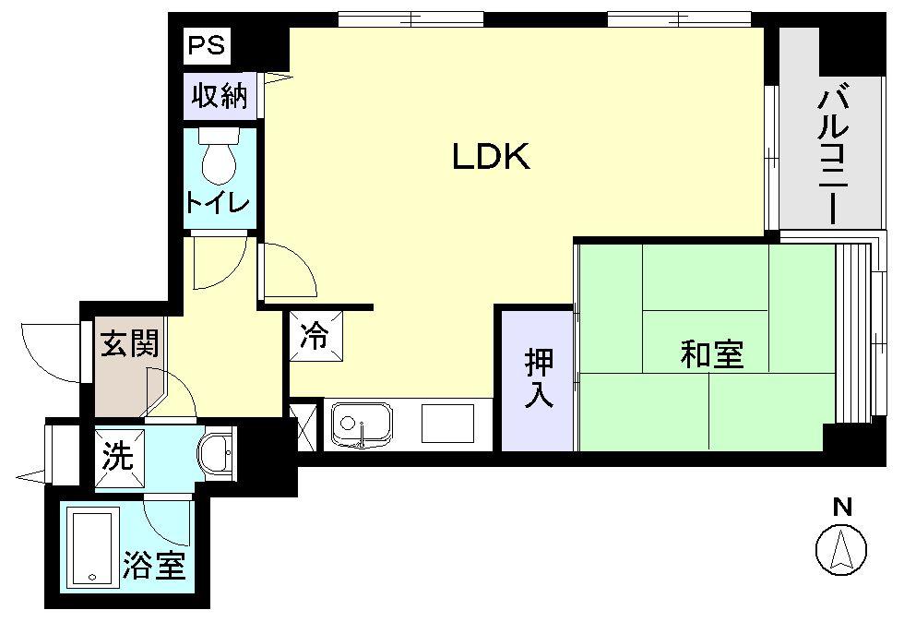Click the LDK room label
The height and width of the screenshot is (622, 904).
coord(491,158)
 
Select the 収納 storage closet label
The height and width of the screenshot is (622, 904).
coord(220,95)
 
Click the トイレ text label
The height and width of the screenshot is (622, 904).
coord(218,203)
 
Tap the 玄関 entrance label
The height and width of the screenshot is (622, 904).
coord(129,344)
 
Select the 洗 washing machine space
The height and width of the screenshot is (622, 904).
coord(118,458)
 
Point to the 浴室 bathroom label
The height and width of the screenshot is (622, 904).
coord(154,565)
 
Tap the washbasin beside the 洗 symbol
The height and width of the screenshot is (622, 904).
coord(218,453)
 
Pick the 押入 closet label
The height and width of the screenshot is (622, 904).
coord(539,379)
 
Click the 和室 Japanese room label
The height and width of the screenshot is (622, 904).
coord(712,353)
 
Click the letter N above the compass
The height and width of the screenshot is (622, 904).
coord(841,507)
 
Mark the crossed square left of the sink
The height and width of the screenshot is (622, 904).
coord(301,426)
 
